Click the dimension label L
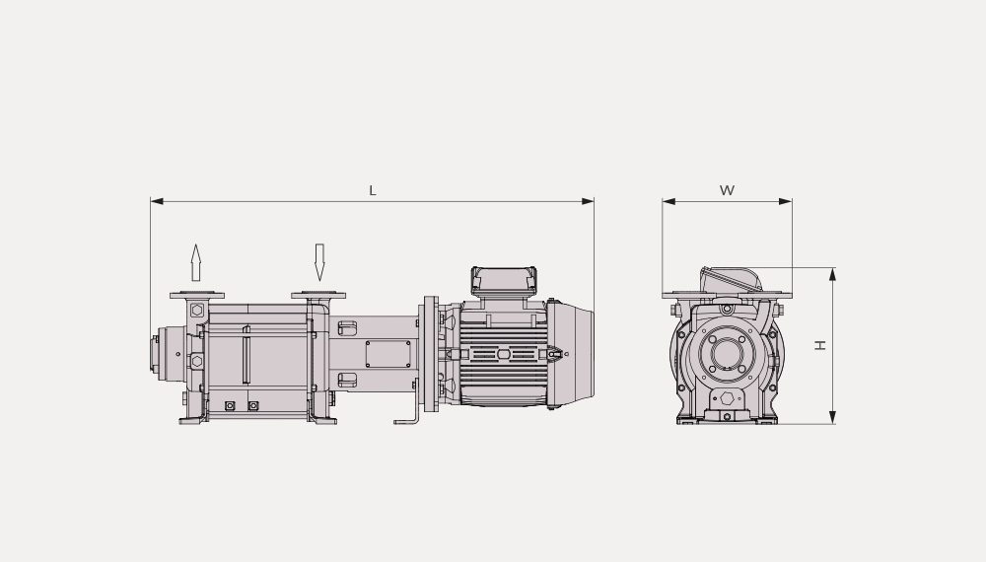pos(373,190)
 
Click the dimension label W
pos(727,190)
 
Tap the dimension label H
pos(820,345)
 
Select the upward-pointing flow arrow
pos(195,263)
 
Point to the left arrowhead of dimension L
pos(157,201)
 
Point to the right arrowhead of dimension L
pos(588,201)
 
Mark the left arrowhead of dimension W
pos(669,201)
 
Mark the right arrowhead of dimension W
pos(786,201)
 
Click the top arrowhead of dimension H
pos(832,274)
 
